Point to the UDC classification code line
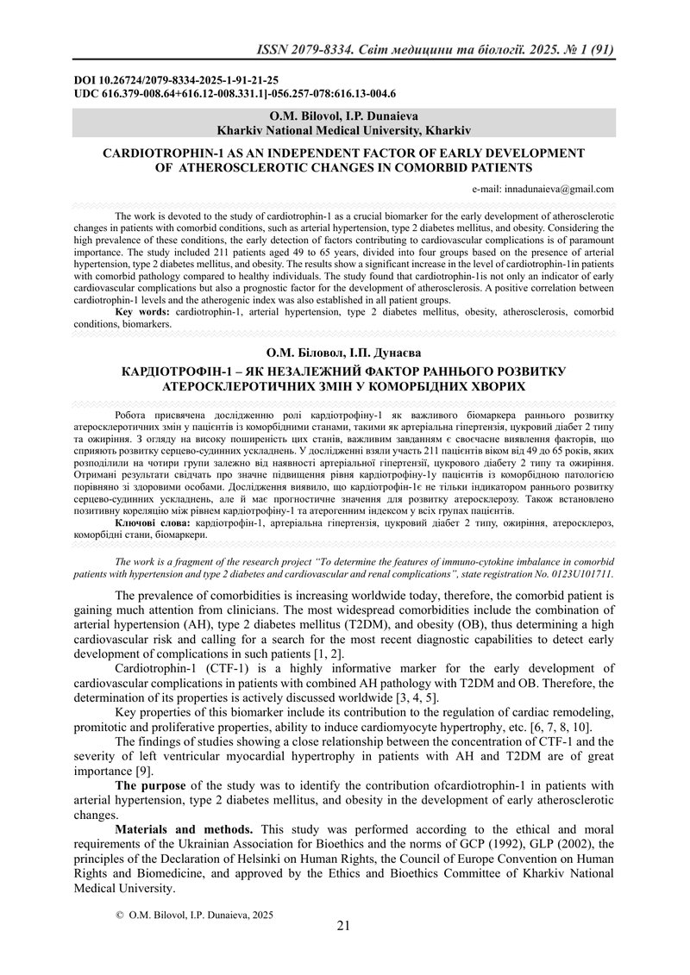coord(235,92)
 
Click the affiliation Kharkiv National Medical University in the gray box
coord(343,130)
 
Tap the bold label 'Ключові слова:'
coord(154,523)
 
